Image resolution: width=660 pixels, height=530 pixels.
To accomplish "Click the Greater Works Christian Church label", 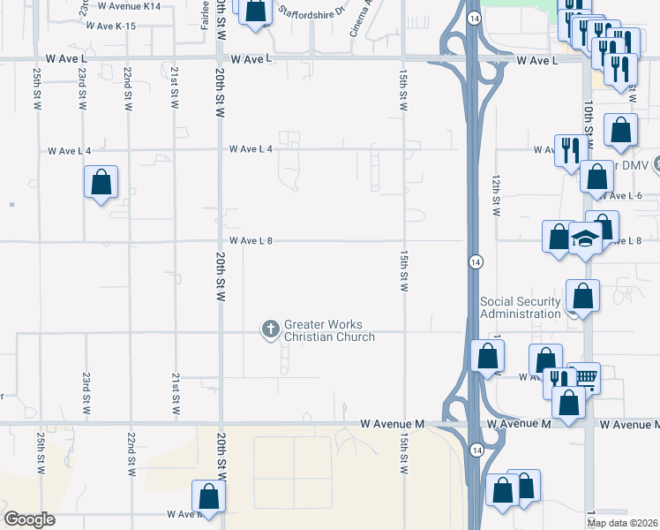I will [329, 331].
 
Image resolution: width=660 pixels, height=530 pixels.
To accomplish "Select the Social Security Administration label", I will [521, 307].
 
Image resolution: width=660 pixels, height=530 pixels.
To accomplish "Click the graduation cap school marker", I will [584, 238].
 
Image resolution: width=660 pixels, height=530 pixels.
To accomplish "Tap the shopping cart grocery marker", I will [584, 378].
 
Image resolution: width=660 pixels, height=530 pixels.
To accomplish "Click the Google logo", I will [29, 519].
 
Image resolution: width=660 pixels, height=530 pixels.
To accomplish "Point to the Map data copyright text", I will [623, 523].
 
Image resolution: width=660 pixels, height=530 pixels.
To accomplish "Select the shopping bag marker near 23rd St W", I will [101, 182].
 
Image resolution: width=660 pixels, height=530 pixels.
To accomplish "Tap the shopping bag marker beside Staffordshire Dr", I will [255, 11].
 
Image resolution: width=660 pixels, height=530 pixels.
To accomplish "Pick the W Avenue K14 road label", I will [130, 6].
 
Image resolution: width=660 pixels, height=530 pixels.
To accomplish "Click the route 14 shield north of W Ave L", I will [475, 19].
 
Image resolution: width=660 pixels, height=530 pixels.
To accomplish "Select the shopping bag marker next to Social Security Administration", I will [582, 296].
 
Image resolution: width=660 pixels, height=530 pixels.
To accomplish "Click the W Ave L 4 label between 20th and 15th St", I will [251, 148].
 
